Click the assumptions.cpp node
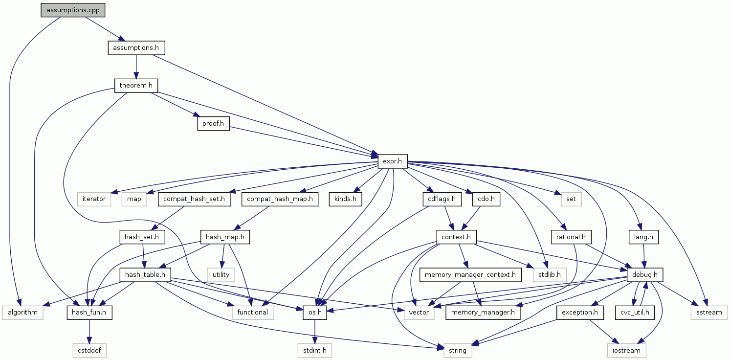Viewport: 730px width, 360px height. pos(73,10)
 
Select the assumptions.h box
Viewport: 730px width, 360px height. pos(136,48)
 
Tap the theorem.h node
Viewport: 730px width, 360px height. pos(136,86)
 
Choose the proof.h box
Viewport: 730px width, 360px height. pos(213,124)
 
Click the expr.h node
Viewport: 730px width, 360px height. pos(393,161)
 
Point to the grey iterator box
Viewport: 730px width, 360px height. pos(94,199)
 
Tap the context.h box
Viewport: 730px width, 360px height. pos(456,237)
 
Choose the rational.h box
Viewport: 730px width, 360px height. pos(571,237)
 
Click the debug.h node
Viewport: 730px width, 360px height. pos(645,274)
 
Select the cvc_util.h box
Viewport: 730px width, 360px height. pos(635,312)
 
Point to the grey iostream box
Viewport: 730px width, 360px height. pos(626,350)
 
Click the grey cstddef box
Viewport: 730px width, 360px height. pos(89,350)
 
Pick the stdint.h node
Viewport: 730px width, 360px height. pos(315,350)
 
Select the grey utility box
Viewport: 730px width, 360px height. pos(221,274)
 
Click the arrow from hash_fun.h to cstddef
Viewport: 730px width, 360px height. pos(89,331)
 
